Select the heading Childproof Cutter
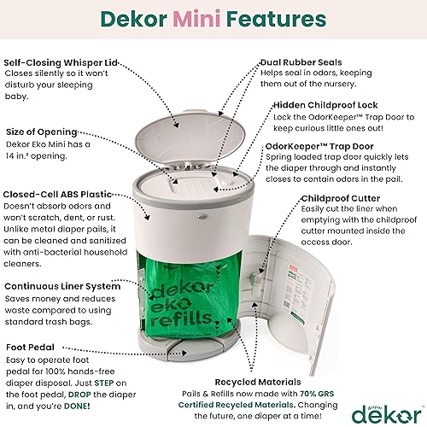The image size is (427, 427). click(x=344, y=199)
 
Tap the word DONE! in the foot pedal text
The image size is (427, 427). click(x=95, y=399)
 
